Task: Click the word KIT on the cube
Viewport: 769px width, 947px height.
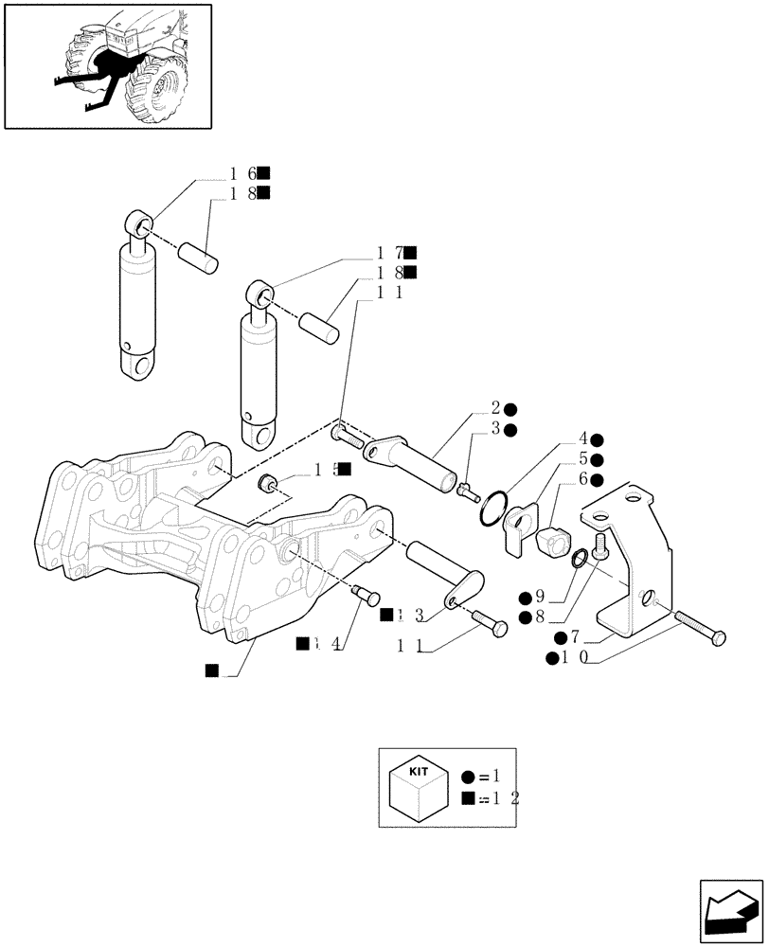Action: coord(418,772)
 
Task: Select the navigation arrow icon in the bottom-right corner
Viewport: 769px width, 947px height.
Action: coord(730,908)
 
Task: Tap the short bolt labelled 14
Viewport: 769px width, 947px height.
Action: coord(364,595)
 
